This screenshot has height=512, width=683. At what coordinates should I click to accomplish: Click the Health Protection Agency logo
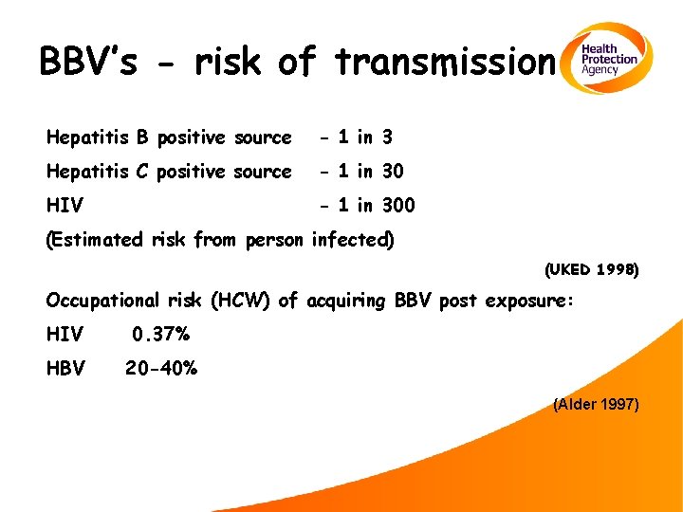608,59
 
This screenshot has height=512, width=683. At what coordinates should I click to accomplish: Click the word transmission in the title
444,63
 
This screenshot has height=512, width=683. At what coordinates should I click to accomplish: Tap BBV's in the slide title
90,63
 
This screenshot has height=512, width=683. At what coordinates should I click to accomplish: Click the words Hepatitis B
99,137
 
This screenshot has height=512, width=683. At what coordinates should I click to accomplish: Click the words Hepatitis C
99,172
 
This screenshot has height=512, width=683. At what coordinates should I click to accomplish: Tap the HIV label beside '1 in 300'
65,206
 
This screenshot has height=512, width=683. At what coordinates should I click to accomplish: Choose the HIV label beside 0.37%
65,335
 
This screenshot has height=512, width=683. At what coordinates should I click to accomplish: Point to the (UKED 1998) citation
592,270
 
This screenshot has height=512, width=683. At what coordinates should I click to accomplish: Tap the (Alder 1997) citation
596,405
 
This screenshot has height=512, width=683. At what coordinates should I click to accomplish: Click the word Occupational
102,302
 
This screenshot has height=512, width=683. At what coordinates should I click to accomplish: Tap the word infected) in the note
352,240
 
